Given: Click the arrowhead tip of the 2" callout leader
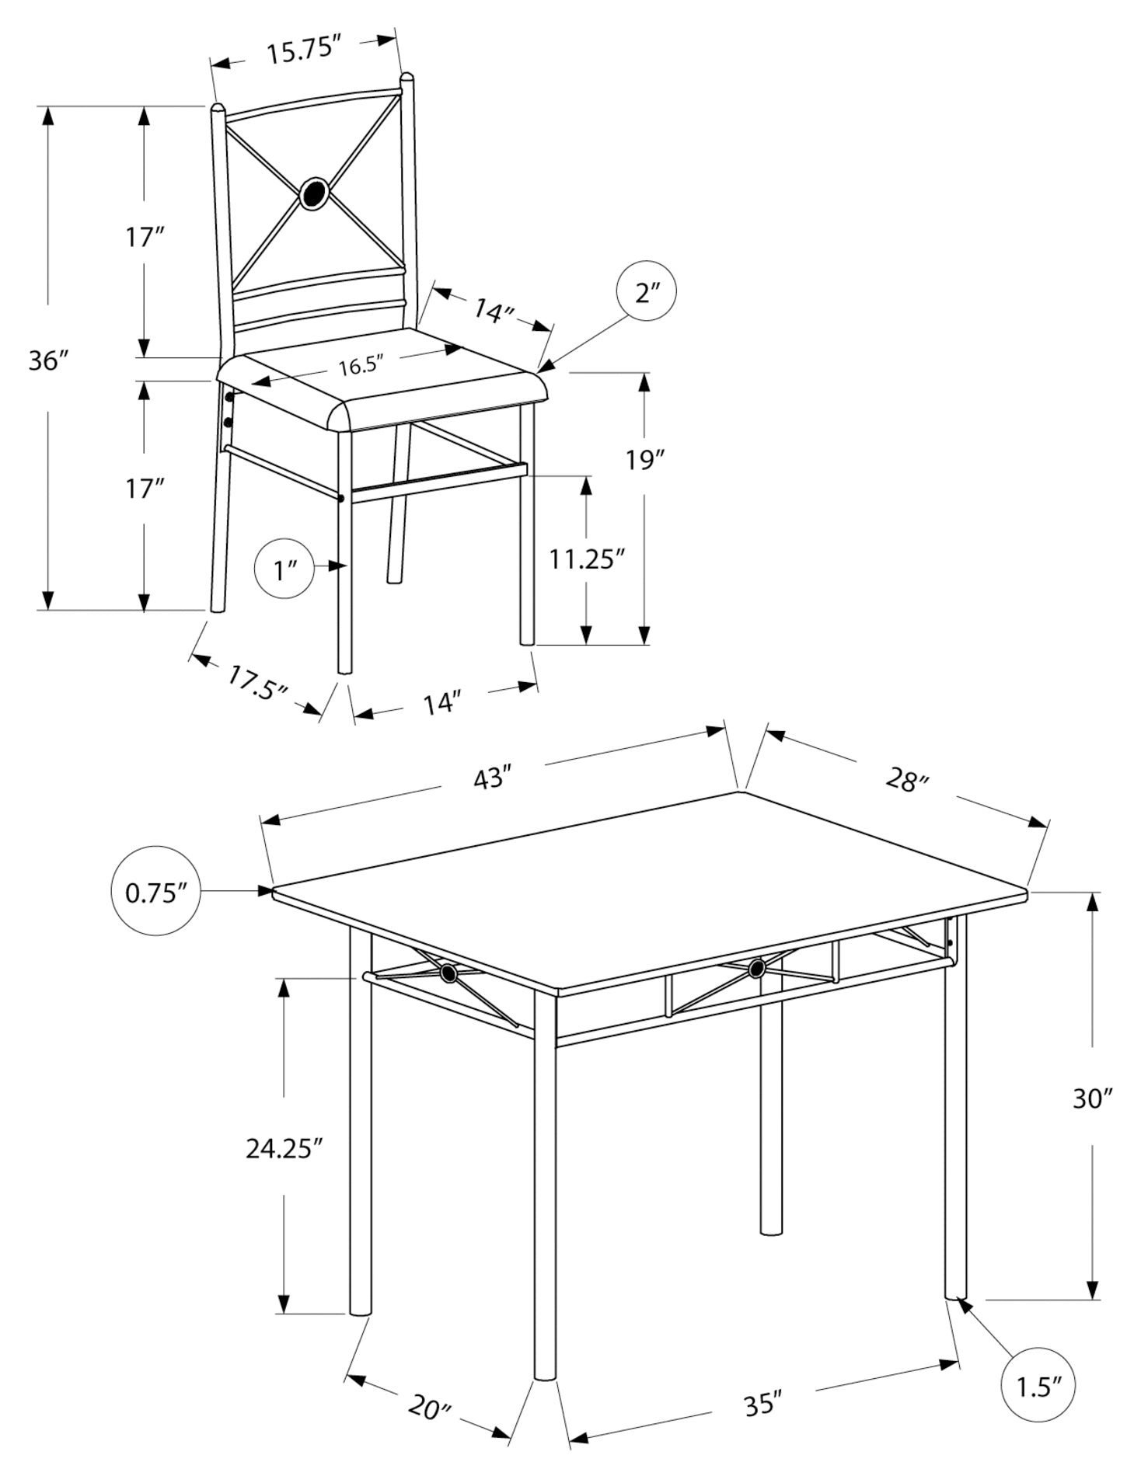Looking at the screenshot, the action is tap(539, 370).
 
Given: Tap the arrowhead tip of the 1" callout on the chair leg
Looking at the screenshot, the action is tap(346, 567).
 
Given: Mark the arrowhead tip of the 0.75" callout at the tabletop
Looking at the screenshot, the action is tap(274, 890).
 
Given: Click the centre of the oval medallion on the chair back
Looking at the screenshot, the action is tap(315, 193).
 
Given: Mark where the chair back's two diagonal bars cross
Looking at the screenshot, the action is tap(315, 193).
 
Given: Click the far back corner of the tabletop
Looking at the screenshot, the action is tap(739, 792).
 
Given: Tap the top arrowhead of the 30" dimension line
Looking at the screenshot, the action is tap(1092, 893).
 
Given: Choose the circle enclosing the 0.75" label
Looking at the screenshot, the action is tap(156, 890).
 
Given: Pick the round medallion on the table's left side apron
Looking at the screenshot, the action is tap(448, 973).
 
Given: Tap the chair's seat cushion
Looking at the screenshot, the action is tap(381, 385).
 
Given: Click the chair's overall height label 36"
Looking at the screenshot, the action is tap(48, 360).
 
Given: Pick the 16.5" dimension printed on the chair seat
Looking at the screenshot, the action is tap(361, 366).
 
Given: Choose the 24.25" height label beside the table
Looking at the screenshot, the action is tap(284, 1147).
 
